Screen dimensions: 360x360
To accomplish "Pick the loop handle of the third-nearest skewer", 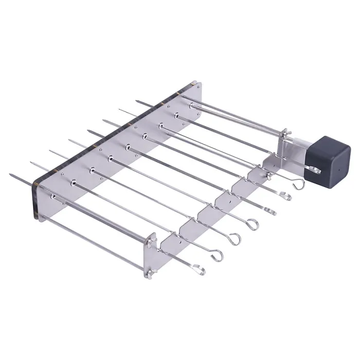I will point(235,238).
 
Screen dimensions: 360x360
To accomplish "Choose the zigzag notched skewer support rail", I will point(216,206).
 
